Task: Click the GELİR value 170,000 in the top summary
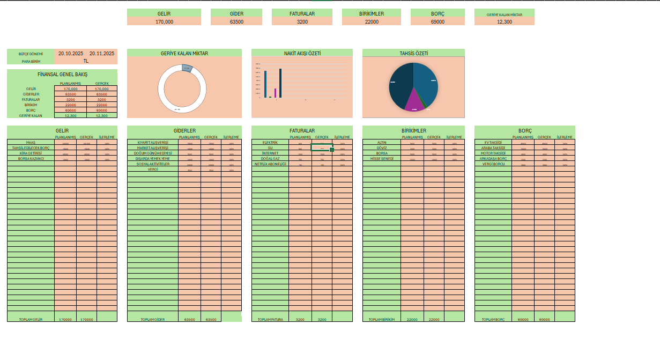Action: point(164,21)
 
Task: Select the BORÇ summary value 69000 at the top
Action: point(437,21)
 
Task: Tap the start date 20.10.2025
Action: point(71,54)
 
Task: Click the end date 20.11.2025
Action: point(102,54)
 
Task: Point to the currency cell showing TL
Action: point(86,61)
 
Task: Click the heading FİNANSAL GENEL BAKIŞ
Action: point(62,74)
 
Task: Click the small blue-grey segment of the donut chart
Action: point(187,68)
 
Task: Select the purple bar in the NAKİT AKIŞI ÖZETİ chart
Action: point(276,93)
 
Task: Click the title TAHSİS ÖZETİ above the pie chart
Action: point(413,53)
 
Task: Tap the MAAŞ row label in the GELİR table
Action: point(31,143)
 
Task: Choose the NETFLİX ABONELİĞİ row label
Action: point(270,164)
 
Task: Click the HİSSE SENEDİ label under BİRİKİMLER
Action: point(382,158)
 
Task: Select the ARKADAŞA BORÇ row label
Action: point(493,158)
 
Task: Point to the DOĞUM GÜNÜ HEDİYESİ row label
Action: point(153,153)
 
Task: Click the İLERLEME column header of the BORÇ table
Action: point(565,137)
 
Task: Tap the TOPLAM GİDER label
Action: point(153,319)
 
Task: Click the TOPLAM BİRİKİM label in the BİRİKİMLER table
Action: point(382,319)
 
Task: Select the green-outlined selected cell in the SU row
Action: point(322,148)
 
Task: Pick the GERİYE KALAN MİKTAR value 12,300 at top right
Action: point(505,21)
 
